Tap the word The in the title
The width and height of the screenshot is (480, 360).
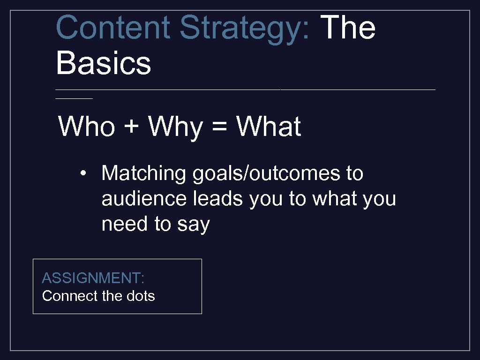349,27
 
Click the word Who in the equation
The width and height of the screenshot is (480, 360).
86,127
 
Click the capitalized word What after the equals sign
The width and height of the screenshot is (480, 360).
268,127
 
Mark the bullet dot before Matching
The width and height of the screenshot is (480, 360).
82,174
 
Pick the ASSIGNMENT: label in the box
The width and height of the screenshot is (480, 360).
93,278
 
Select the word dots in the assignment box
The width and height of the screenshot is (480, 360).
140,296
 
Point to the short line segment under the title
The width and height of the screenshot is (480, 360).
74,98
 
